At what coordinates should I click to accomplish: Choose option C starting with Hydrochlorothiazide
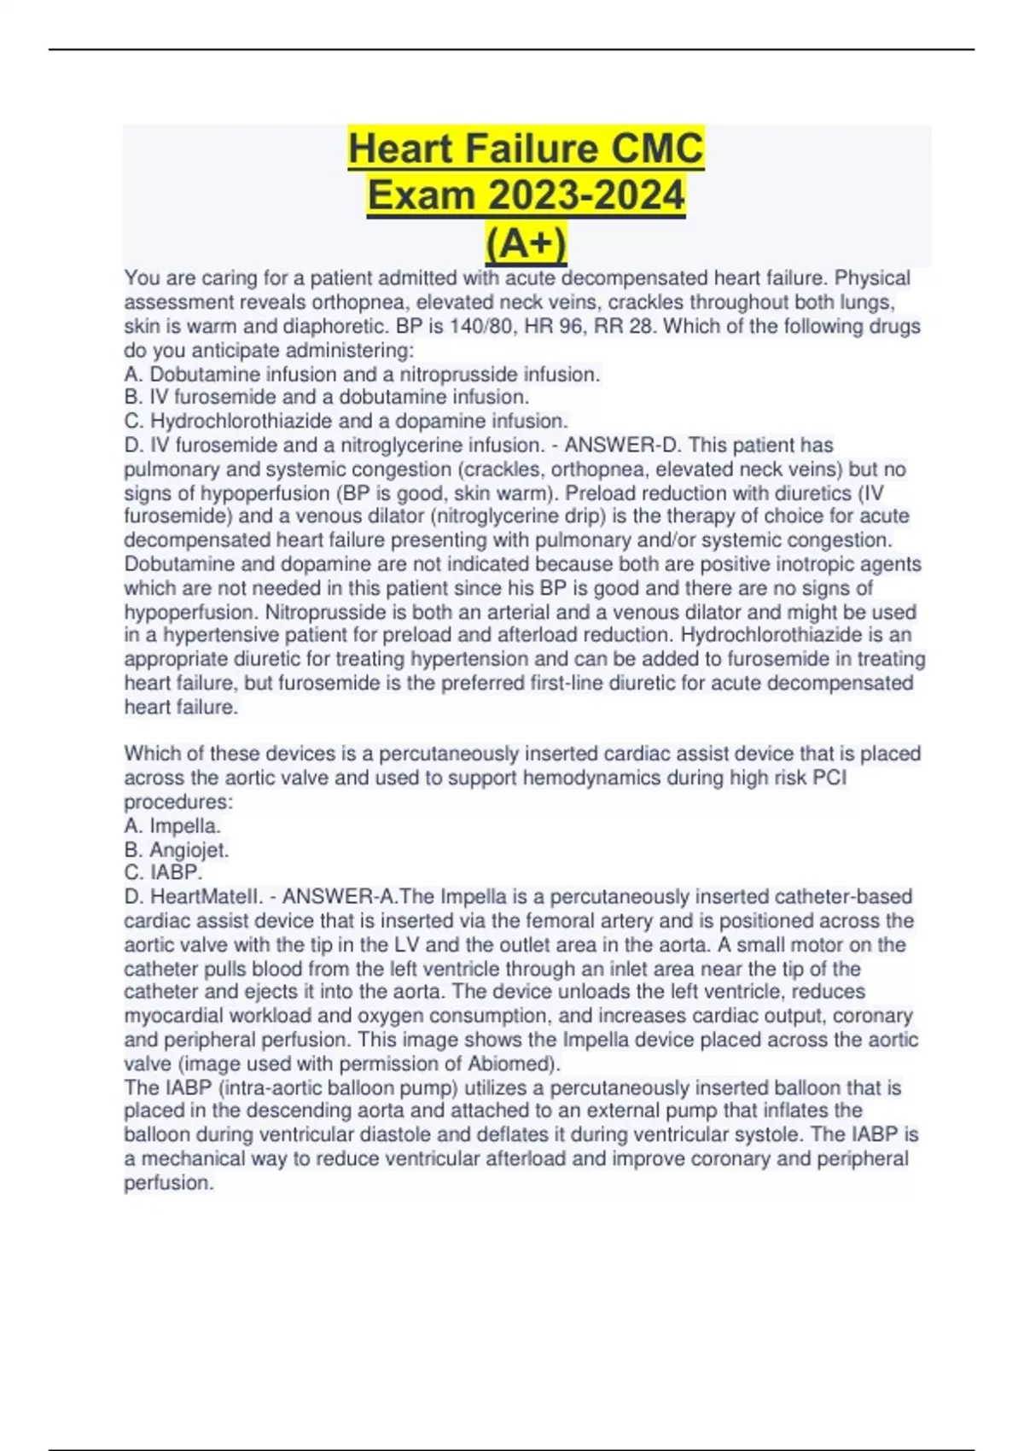(x=346, y=421)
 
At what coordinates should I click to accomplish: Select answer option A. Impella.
(x=172, y=825)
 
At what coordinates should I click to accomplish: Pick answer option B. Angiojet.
(x=177, y=849)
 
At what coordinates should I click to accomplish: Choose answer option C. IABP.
(x=163, y=872)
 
